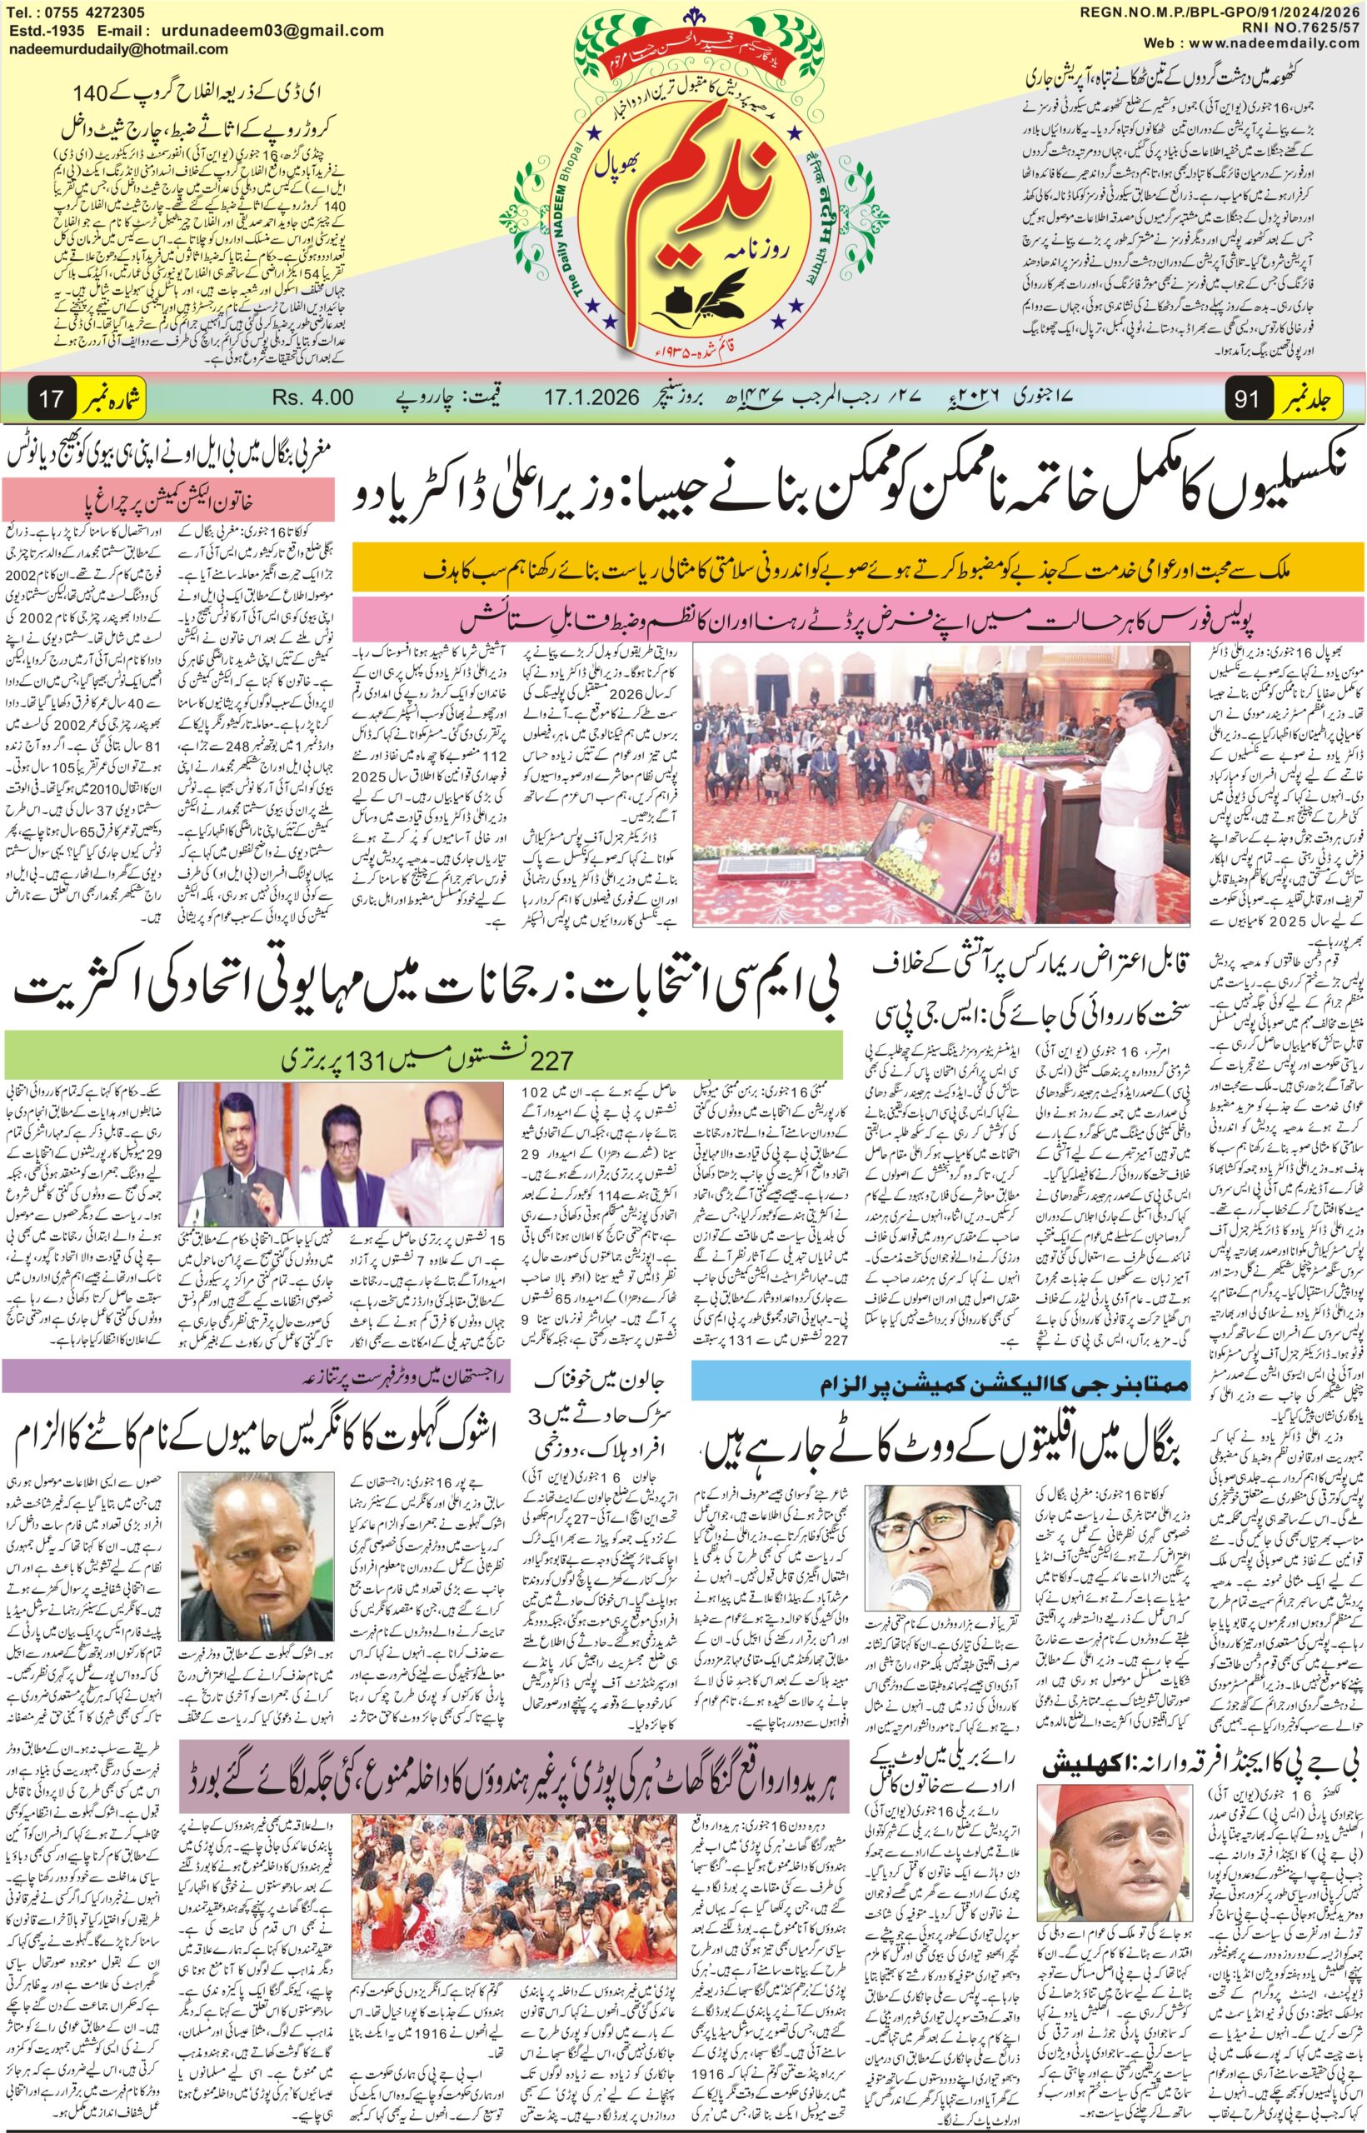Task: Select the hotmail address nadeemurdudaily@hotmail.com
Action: (119, 50)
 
